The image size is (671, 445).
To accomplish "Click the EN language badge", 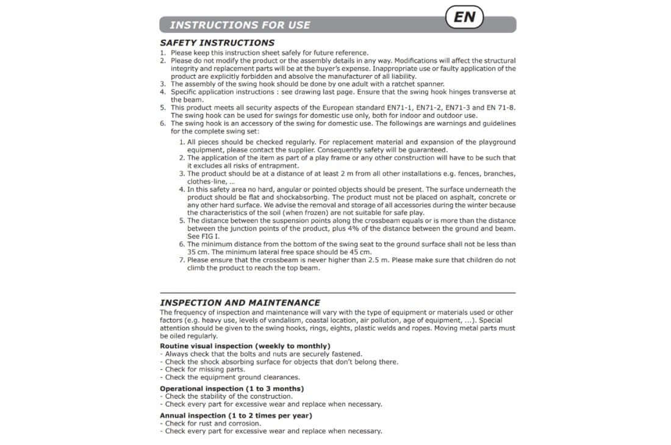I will [465, 17].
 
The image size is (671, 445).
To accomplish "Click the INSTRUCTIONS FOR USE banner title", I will [240, 25].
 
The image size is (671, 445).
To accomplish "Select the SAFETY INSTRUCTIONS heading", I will [217, 43].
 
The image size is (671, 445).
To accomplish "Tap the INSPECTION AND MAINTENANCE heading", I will [240, 302].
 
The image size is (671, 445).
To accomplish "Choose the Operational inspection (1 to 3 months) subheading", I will [231, 388].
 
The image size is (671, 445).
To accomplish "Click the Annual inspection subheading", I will [235, 416].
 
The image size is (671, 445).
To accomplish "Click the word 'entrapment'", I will [278, 166].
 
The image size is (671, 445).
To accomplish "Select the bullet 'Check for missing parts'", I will [204, 369].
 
